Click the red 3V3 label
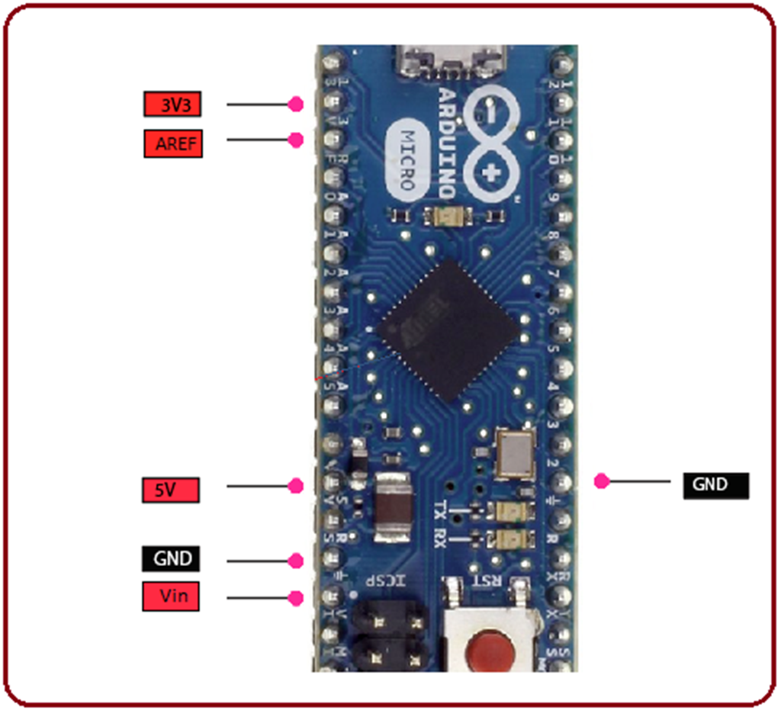[x=172, y=104]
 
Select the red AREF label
[x=173, y=143]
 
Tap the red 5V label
[x=171, y=490]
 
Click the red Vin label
[x=171, y=596]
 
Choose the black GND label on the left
[x=171, y=558]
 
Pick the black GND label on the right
[x=715, y=484]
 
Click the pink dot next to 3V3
[x=296, y=104]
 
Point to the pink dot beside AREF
[x=296, y=140]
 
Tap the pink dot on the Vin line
[x=296, y=597]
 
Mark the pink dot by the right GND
[x=602, y=481]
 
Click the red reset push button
[x=488, y=653]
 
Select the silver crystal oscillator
[x=515, y=453]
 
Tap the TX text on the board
[x=440, y=510]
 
